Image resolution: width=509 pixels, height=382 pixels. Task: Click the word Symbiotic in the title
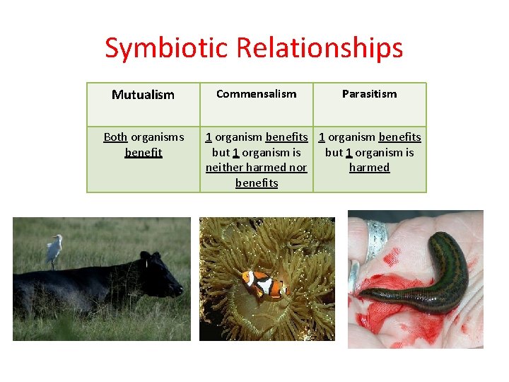[168, 48]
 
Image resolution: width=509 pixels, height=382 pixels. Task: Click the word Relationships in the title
[320, 48]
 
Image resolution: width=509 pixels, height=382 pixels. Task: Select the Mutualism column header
[143, 95]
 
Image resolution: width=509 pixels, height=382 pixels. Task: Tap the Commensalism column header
[256, 94]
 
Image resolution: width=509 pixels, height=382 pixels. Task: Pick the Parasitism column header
[369, 94]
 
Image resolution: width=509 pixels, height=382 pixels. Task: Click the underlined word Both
[115, 137]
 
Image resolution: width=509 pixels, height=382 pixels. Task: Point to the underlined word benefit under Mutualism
[143, 152]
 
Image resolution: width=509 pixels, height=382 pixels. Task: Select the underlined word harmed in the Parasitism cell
[369, 168]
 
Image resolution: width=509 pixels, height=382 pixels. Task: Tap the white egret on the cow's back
[54, 250]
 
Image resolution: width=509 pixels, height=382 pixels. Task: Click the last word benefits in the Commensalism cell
[256, 183]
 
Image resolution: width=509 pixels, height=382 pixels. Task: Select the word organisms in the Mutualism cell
[157, 137]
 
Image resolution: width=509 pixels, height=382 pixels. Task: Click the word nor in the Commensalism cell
[298, 168]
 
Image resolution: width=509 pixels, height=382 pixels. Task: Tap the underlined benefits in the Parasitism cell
[399, 137]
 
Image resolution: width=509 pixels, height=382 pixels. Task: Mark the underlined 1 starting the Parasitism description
[322, 137]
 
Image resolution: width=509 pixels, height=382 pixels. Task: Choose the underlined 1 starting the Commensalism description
[209, 137]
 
